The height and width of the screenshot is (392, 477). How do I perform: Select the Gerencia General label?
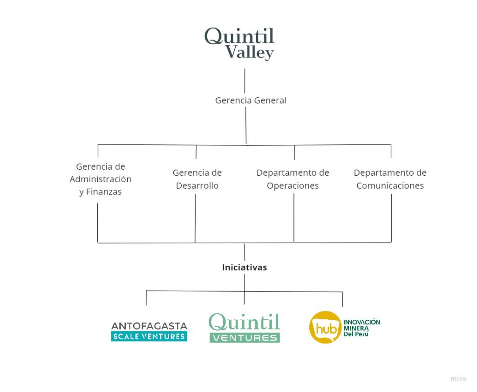[x=251, y=100]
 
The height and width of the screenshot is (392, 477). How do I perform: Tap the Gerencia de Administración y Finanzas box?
[x=101, y=179]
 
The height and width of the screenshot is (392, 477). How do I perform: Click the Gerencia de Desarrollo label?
[x=197, y=179]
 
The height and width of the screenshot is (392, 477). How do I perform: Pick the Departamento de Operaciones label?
[x=293, y=179]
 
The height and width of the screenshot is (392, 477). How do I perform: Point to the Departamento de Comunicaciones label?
[x=390, y=179]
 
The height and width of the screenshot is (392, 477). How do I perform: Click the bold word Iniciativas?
[x=244, y=268]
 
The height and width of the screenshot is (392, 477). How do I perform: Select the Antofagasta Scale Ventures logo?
[x=149, y=332]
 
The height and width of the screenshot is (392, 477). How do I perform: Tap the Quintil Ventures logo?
[x=244, y=328]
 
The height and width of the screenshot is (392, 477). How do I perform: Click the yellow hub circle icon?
[x=325, y=328]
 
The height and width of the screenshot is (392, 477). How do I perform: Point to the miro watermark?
[x=458, y=378]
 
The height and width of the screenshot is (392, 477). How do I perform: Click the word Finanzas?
[x=104, y=192]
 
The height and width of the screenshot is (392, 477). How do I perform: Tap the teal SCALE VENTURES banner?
[x=149, y=337]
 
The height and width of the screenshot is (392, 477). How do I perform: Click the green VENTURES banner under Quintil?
[x=245, y=338]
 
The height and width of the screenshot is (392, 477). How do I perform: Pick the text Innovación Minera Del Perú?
[x=361, y=328]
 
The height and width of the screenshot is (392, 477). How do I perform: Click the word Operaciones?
[x=293, y=186]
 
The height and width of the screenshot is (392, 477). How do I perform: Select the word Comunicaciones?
[x=390, y=186]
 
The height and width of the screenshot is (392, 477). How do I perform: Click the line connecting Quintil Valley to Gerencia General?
[x=245, y=81]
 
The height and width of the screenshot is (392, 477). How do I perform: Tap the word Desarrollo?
[x=197, y=186]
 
